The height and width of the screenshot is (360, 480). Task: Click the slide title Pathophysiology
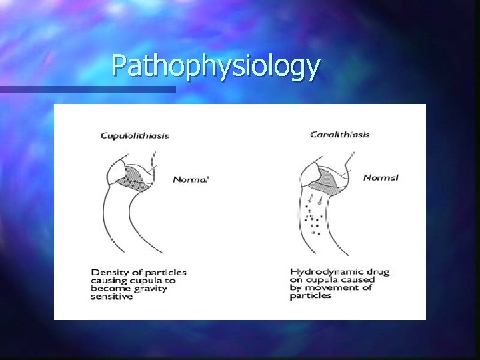click(216, 67)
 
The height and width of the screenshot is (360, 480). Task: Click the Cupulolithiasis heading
click(134, 135)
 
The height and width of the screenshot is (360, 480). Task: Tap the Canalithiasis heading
click(340, 135)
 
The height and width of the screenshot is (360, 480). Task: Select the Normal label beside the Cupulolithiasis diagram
click(191, 179)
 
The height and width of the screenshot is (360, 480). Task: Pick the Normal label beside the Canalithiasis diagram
click(381, 177)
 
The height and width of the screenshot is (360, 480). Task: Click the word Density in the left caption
click(109, 272)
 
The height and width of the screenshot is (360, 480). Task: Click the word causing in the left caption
click(109, 281)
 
